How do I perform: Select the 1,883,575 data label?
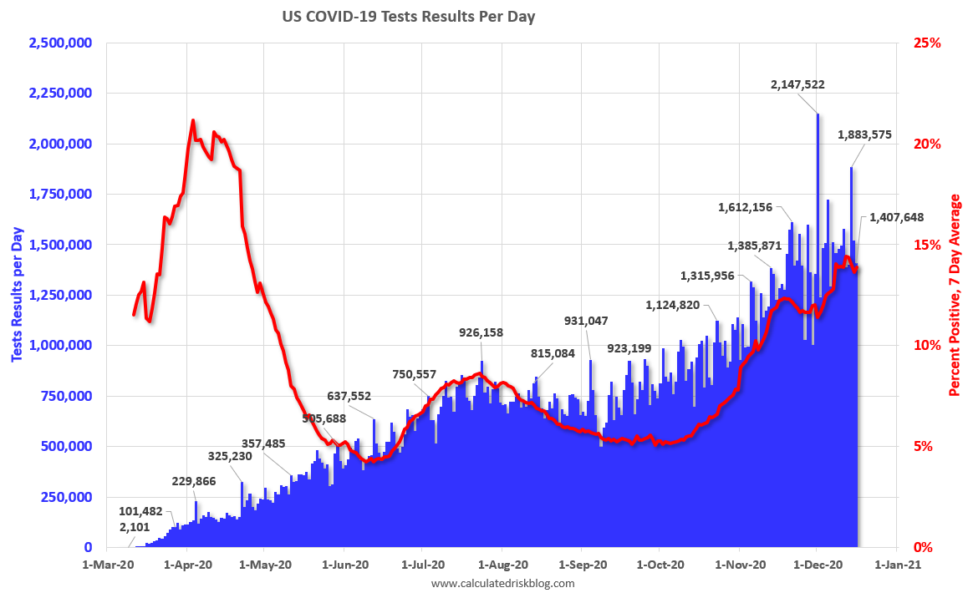pos(873,134)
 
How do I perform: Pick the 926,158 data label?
pos(481,332)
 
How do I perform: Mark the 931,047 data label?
pos(586,321)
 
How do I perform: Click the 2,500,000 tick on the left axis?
pos(60,43)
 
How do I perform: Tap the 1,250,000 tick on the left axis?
pos(60,295)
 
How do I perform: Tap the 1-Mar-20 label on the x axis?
pos(108,565)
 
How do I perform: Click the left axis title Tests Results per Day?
pos(16,295)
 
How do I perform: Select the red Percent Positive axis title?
pos(955,295)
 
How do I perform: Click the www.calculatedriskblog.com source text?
pos(502,584)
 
